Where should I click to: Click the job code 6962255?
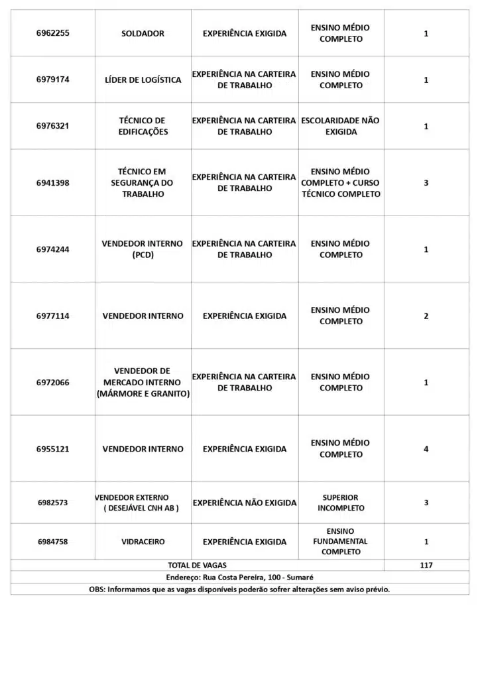tap(52, 33)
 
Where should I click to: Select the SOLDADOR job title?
tap(143, 33)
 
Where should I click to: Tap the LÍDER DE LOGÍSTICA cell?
tap(143, 80)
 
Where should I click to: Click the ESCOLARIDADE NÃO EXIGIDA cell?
tap(341, 126)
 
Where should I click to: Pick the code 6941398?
tap(52, 183)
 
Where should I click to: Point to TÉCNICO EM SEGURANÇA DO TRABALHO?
tap(143, 183)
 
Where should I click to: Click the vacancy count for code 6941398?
tap(426, 183)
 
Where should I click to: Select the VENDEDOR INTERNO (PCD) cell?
tap(143, 249)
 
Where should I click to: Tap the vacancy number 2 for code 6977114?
tap(426, 316)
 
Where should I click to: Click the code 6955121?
tap(52, 449)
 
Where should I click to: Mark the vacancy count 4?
tap(426, 449)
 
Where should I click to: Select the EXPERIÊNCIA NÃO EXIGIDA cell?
tap(245, 503)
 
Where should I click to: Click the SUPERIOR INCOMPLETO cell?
tap(341, 503)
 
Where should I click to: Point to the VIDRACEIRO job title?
tap(143, 542)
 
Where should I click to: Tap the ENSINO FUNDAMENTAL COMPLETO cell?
tap(341, 542)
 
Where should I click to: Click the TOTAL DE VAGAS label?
tap(197, 566)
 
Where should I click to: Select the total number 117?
tap(426, 566)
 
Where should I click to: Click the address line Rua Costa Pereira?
tap(239, 578)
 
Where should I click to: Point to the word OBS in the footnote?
tap(97, 589)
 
